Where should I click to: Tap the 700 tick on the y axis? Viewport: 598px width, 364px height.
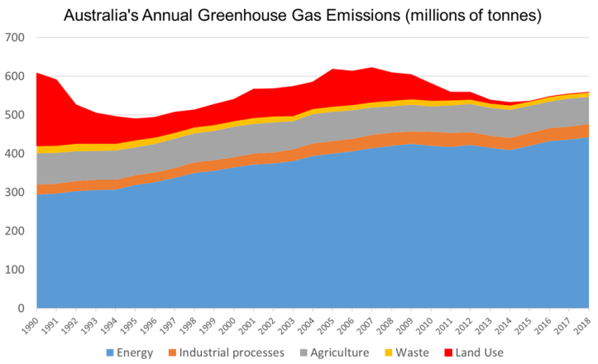pyautogui.click(x=16, y=38)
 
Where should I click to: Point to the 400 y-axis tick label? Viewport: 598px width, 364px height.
pyautogui.click(x=16, y=154)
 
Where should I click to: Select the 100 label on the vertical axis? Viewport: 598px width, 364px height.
pyautogui.click(x=16, y=270)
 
